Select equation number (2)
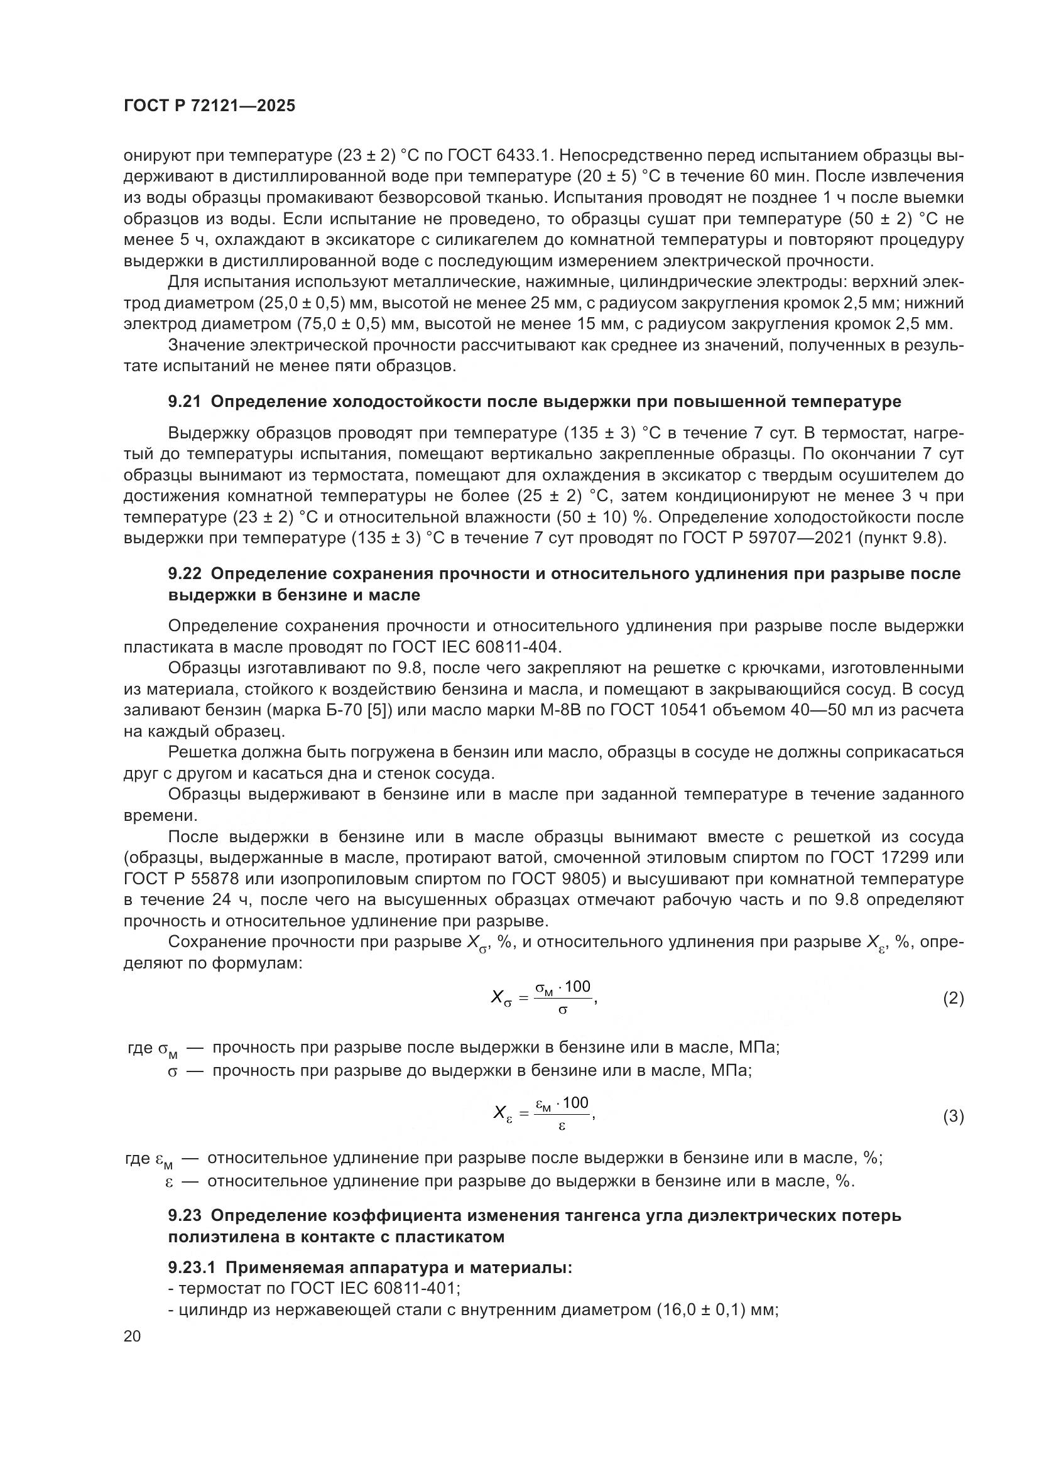click(x=953, y=998)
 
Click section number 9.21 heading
click(x=184, y=402)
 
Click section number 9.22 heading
click(x=184, y=574)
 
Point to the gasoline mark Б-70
click(x=332, y=710)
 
